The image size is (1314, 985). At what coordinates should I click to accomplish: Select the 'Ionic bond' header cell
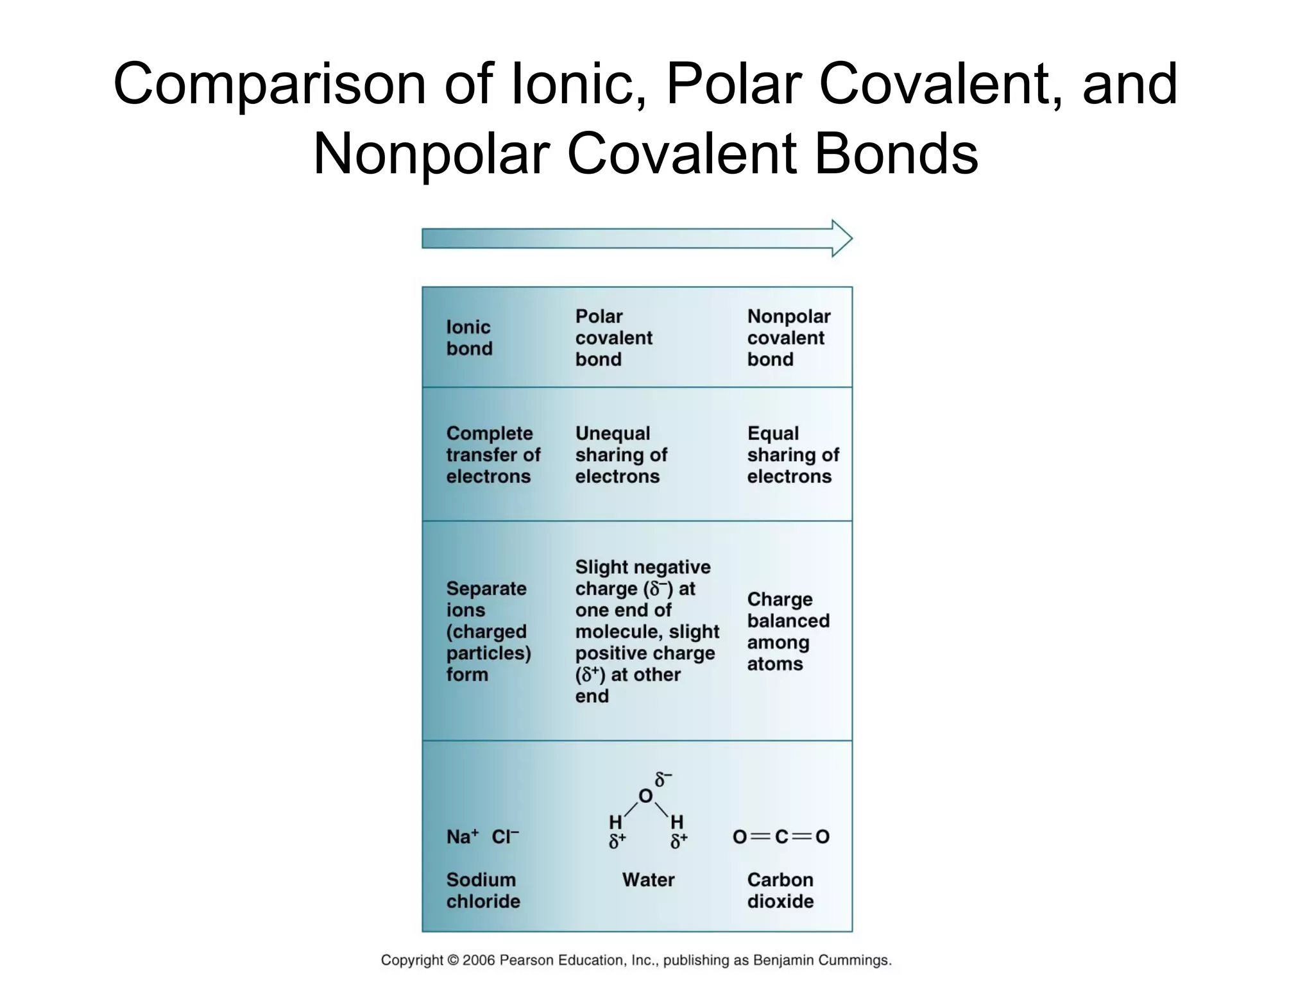pos(469,338)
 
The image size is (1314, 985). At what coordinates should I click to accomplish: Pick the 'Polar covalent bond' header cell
pos(613,338)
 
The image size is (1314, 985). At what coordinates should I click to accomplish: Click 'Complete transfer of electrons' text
pos(493,455)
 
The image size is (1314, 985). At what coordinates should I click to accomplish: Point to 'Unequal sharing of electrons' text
pos(620,455)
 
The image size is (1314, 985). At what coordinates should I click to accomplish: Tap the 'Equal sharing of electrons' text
pos(792,455)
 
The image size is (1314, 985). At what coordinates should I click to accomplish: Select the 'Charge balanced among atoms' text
pos(788,632)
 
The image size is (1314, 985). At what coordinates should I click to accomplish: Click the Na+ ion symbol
pos(462,837)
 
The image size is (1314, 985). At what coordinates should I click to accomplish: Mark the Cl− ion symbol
pos(505,837)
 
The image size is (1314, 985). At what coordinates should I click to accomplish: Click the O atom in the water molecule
pos(645,796)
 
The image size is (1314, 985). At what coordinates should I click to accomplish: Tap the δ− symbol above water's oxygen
pos(663,779)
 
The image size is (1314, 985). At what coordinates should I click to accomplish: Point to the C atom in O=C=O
pos(781,837)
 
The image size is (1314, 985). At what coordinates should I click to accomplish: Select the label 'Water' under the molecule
pos(648,880)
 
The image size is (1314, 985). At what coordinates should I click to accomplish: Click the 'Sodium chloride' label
pos(482,891)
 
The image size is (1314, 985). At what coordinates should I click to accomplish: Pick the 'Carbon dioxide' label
pos(780,891)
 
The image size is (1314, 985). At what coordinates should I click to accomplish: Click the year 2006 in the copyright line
pos(479,960)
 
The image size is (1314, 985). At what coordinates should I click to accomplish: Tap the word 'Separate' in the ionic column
pos(486,589)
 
